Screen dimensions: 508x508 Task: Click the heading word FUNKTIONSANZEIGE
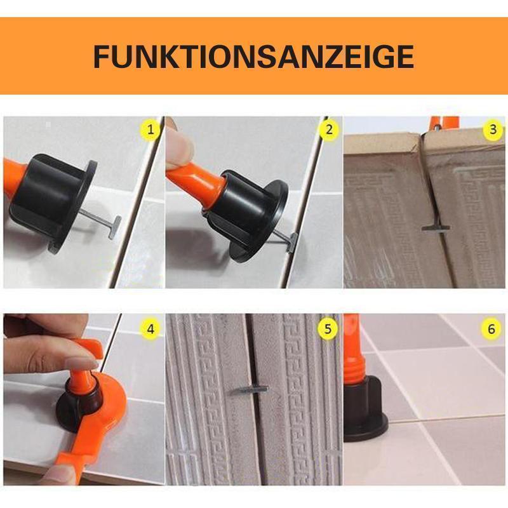[253, 57]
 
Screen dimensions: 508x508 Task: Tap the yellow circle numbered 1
[150, 131]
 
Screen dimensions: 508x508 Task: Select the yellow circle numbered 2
[328, 131]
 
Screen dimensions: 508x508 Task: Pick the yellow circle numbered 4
[150, 329]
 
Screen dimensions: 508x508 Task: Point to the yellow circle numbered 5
[328, 329]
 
